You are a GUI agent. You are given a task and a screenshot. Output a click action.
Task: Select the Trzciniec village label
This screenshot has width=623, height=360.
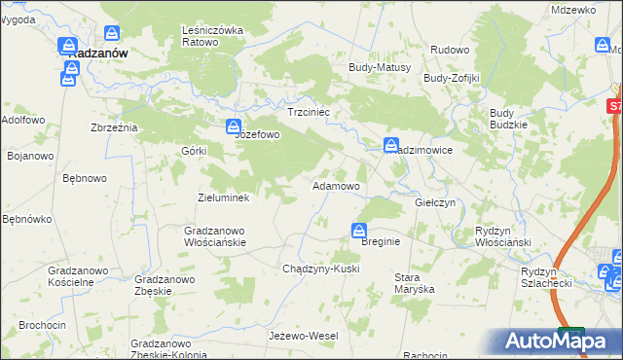coord(311,113)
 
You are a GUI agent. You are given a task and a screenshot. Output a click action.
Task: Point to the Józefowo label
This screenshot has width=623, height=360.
coord(257,135)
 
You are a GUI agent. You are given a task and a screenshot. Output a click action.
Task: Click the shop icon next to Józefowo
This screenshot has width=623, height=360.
coord(234,127)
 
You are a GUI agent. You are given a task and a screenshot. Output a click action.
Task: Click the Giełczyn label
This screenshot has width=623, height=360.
coord(435,202)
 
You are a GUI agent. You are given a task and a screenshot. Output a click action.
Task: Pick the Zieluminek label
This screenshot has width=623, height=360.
coord(224,198)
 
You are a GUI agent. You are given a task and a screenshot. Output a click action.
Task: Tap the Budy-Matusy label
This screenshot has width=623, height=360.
coord(381,67)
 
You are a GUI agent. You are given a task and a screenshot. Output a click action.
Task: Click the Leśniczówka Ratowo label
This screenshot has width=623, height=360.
coord(212,36)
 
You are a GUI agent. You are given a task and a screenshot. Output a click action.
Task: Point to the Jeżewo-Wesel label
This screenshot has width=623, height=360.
coord(303,336)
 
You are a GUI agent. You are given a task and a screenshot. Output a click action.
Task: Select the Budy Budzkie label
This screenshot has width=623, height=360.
coord(508,119)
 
